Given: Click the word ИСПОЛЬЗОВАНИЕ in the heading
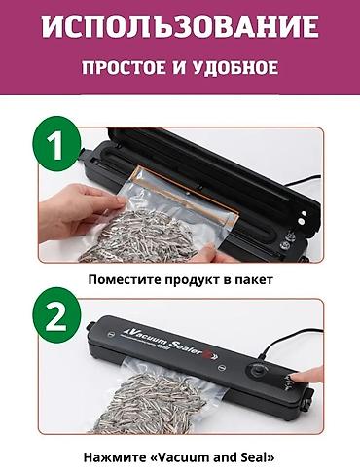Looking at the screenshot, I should (180, 25).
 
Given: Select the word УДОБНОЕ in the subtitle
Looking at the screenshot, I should (240, 68).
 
